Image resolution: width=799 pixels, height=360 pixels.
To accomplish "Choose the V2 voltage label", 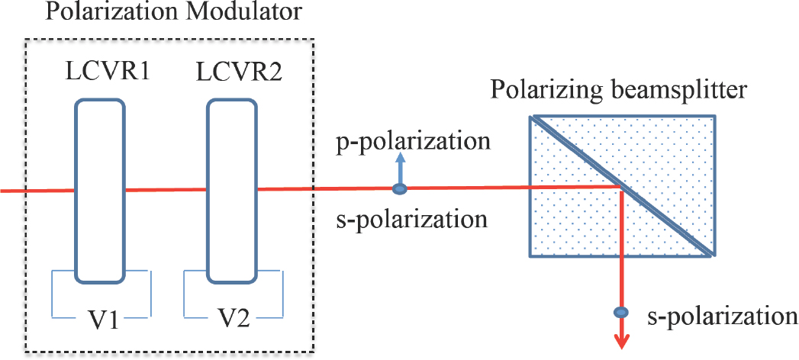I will [234, 320].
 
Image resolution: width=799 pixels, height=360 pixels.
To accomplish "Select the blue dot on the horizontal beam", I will [398, 189].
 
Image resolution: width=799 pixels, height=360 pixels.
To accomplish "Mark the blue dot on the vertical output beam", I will [622, 312].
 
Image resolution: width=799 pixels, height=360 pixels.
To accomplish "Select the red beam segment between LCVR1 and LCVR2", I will [166, 190].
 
